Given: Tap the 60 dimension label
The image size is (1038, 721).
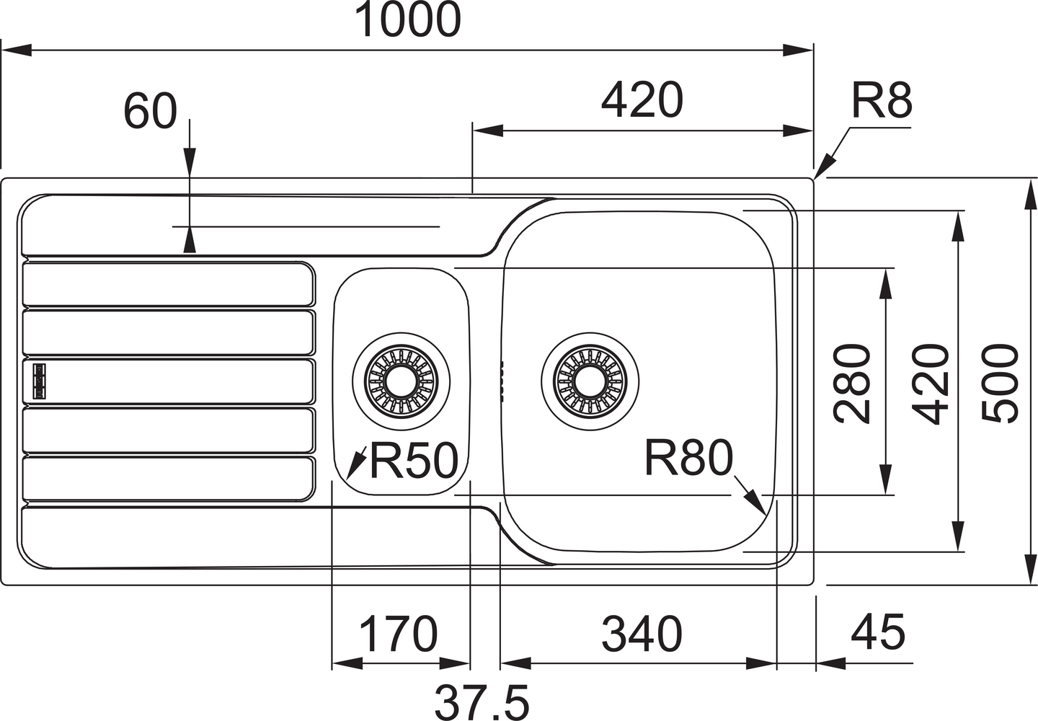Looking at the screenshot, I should coord(150,112).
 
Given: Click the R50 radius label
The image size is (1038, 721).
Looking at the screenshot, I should coord(414,461).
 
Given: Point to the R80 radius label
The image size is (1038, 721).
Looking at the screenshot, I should coord(688,459).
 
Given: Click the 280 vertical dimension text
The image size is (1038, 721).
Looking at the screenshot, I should coord(852,383).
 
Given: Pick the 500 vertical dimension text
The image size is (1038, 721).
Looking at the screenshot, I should coord(1001,383).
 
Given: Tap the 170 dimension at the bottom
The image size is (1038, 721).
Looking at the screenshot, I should coord(399,634).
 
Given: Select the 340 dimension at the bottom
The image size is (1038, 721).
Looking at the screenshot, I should coord(642,634).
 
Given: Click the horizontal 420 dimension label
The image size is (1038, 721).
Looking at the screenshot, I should coord(642,100).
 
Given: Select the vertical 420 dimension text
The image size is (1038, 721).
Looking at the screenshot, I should coord(930,383).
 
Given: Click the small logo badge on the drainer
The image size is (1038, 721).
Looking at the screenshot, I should coord(37,379).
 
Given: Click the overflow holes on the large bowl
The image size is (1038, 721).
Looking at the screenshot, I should coord(500,378).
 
